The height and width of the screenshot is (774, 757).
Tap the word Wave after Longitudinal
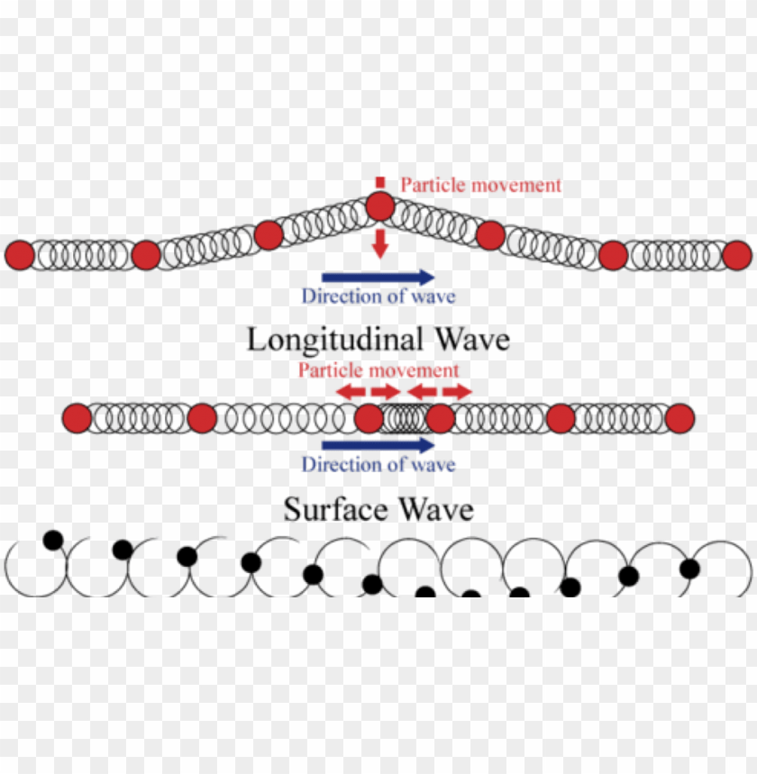[471, 340]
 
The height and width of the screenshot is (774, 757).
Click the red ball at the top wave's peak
[380, 207]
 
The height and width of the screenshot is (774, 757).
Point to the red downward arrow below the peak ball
[380, 241]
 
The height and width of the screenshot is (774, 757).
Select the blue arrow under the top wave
[378, 277]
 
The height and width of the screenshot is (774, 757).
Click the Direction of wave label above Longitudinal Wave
[378, 296]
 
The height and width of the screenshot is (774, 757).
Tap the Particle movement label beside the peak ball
[480, 185]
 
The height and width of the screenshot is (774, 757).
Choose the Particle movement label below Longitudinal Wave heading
[378, 370]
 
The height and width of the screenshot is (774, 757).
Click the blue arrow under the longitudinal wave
[378, 445]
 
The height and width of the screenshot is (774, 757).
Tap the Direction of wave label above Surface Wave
[378, 465]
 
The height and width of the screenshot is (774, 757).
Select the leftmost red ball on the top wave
[19, 255]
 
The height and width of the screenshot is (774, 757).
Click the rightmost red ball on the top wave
[736, 255]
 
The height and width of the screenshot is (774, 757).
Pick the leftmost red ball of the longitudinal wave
[78, 418]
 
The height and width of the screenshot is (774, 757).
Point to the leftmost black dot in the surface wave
[53, 540]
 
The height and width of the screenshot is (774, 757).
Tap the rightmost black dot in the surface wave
[689, 569]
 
